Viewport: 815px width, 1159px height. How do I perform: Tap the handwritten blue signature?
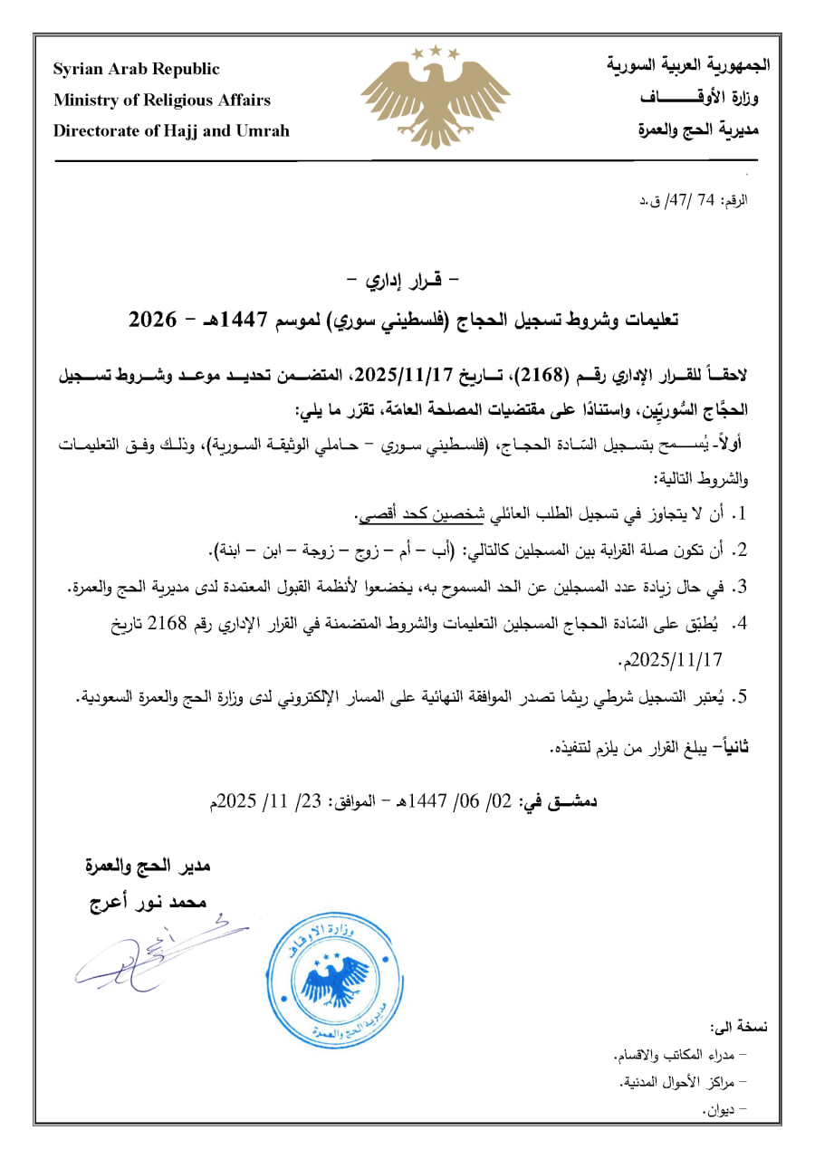145,951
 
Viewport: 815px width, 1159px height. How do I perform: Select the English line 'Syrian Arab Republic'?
137,70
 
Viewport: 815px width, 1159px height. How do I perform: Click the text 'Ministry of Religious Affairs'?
162,100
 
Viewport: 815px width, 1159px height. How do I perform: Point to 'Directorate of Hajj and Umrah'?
172,130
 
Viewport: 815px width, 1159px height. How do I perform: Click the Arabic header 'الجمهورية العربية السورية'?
687,66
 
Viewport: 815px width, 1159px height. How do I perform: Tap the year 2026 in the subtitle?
155,320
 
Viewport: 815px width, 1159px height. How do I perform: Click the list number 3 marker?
740,587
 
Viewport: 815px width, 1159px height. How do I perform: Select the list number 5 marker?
740,696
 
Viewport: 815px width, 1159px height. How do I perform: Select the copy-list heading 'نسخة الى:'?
740,1027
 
